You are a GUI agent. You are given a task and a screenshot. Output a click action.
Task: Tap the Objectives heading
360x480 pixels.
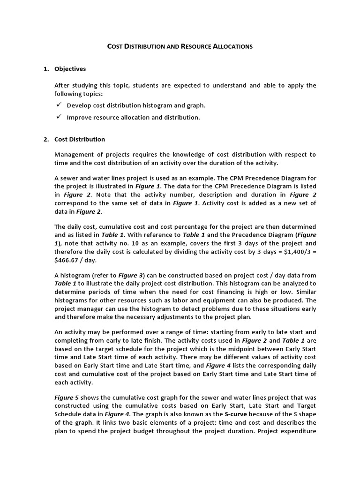(70, 69)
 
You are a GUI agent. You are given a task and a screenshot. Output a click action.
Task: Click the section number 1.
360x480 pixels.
(45, 69)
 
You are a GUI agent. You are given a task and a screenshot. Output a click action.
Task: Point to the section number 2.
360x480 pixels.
(45, 139)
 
